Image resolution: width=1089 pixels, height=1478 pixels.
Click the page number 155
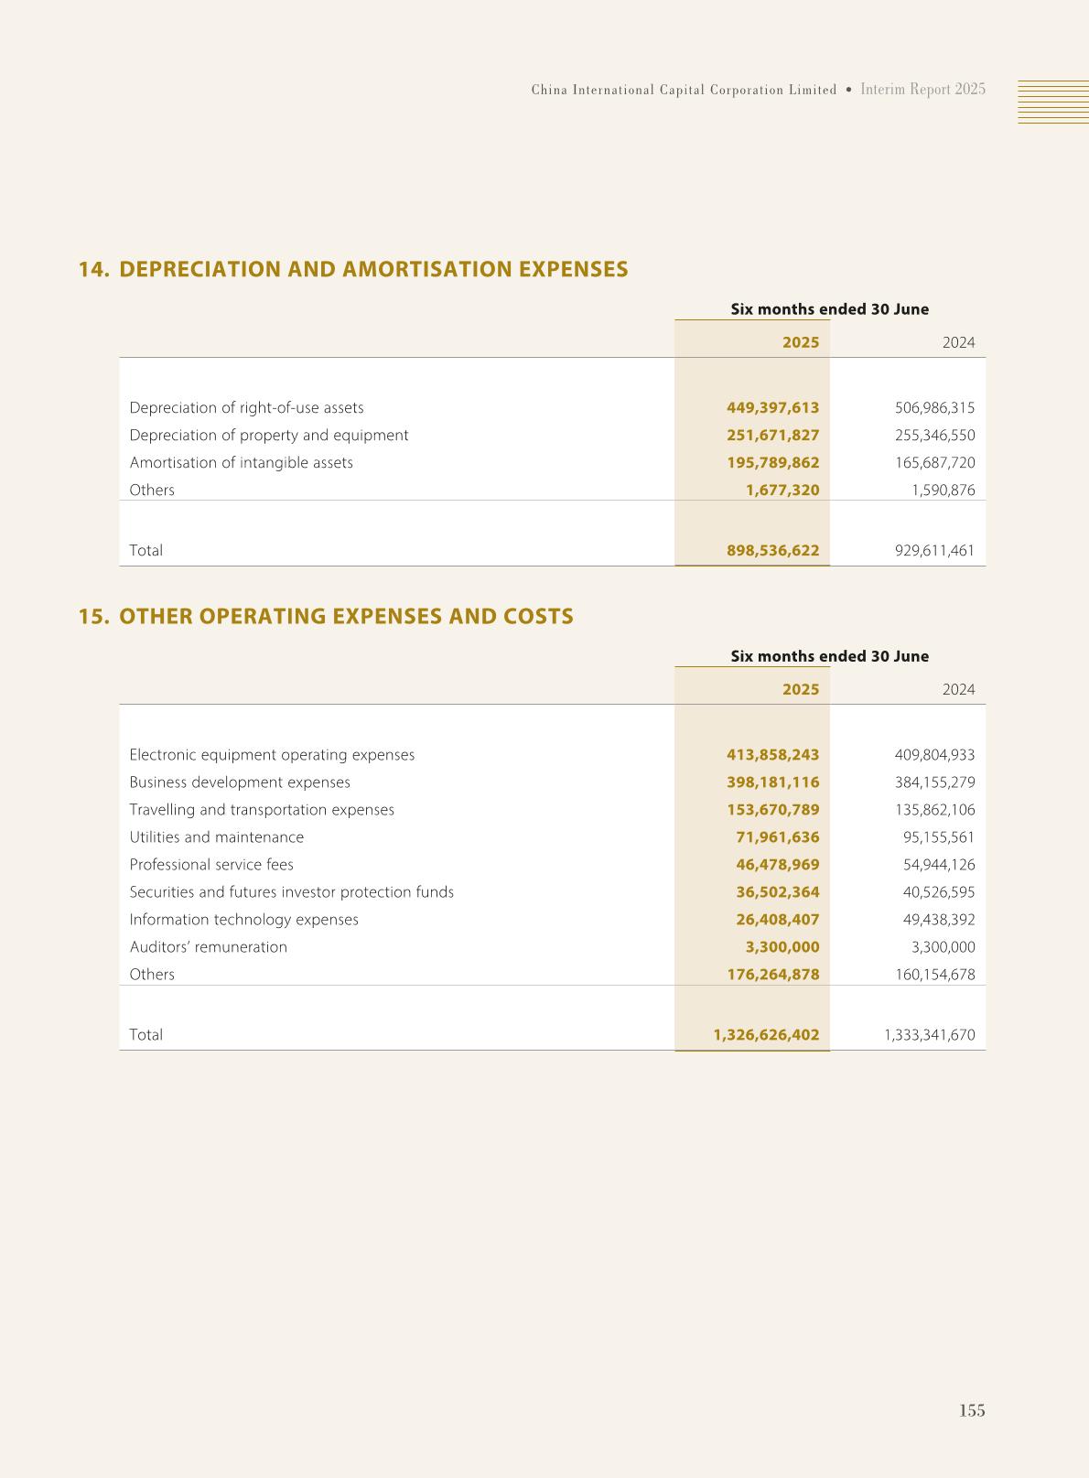click(x=972, y=1410)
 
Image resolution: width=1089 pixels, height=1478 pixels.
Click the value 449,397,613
click(x=772, y=407)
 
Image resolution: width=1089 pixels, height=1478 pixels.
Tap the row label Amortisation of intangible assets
click(x=241, y=462)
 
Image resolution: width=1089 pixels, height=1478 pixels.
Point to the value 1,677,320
click(x=782, y=490)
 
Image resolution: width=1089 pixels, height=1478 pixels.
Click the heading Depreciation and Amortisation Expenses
click(x=373, y=269)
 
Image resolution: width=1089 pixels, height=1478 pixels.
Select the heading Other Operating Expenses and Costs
click(x=346, y=616)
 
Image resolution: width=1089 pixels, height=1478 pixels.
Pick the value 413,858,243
click(x=772, y=754)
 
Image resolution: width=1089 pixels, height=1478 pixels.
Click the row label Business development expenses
click(x=240, y=782)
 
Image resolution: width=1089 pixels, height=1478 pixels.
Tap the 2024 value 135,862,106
click(x=934, y=809)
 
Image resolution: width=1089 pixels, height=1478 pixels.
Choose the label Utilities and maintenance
click(x=216, y=836)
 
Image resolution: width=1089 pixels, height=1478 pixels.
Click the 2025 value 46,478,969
click(x=777, y=864)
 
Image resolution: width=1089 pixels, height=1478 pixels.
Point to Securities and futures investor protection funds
click(x=291, y=891)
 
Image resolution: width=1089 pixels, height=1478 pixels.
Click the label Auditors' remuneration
click(x=208, y=946)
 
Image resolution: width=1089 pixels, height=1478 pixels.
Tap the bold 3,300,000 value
click(x=782, y=946)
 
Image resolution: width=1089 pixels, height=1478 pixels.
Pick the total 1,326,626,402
click(x=766, y=1034)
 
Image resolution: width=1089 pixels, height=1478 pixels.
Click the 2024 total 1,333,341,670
click(x=929, y=1034)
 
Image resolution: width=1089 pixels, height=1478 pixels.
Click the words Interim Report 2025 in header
click(x=922, y=90)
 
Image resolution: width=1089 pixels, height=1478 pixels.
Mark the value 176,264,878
click(x=772, y=974)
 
